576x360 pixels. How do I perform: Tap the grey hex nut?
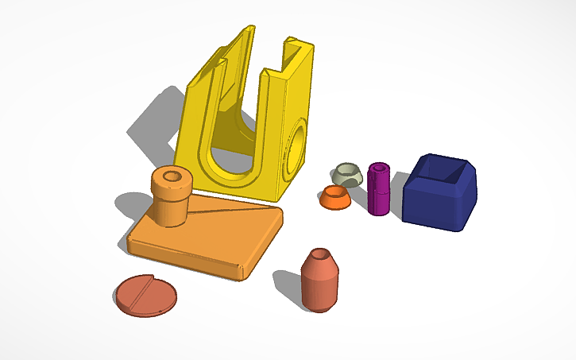click(x=347, y=176)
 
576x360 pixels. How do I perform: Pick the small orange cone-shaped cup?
click(x=336, y=199)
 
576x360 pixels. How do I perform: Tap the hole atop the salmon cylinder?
click(x=320, y=256)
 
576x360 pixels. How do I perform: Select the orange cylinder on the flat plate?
click(x=171, y=197)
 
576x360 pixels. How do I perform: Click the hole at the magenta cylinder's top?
click(x=379, y=168)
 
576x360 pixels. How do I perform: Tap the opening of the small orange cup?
click(x=336, y=192)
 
